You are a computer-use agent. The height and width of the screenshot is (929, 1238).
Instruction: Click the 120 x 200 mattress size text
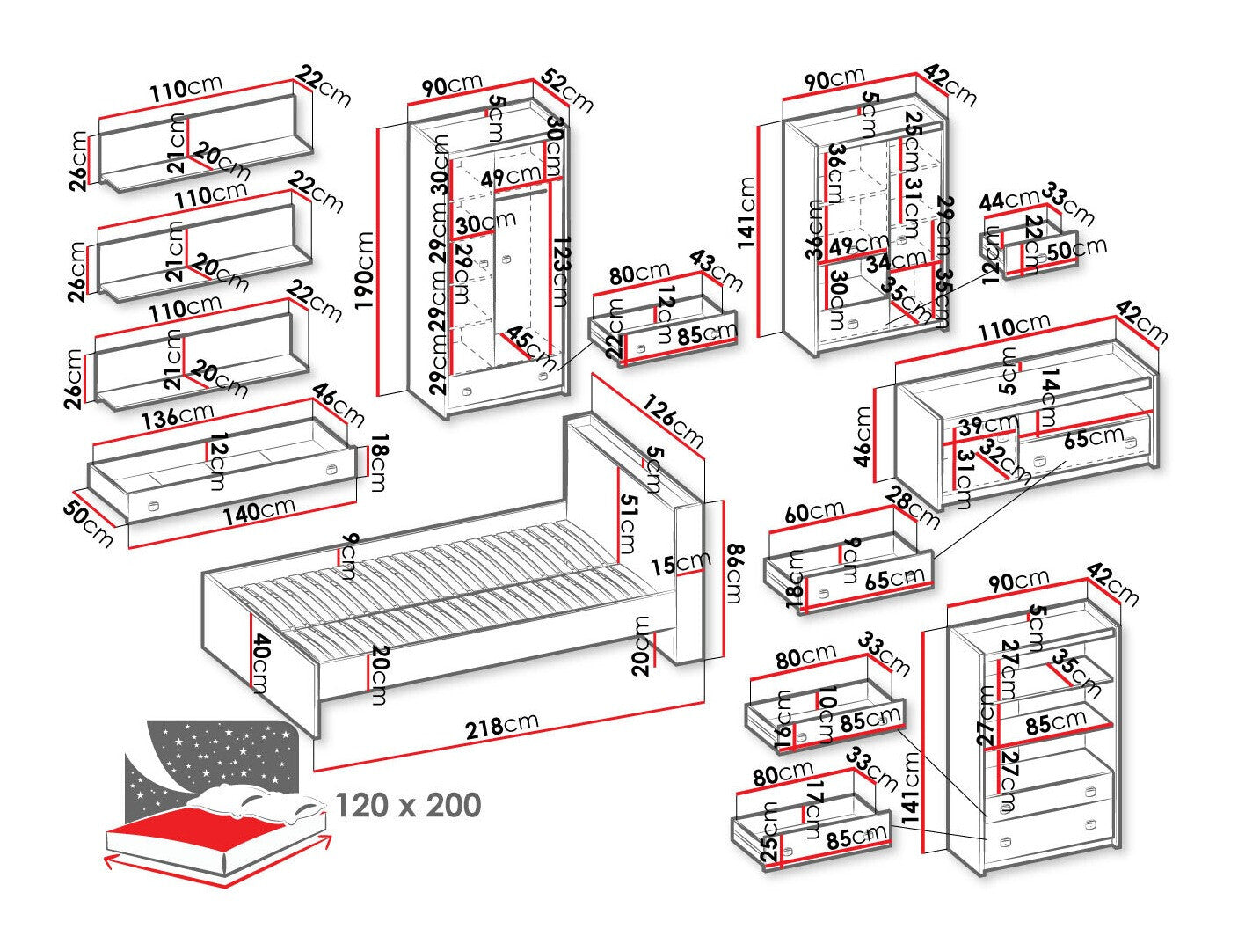[409, 805]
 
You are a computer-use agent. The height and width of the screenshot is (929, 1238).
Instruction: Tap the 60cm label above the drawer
[813, 512]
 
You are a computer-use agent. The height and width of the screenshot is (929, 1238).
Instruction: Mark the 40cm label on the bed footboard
[259, 662]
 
